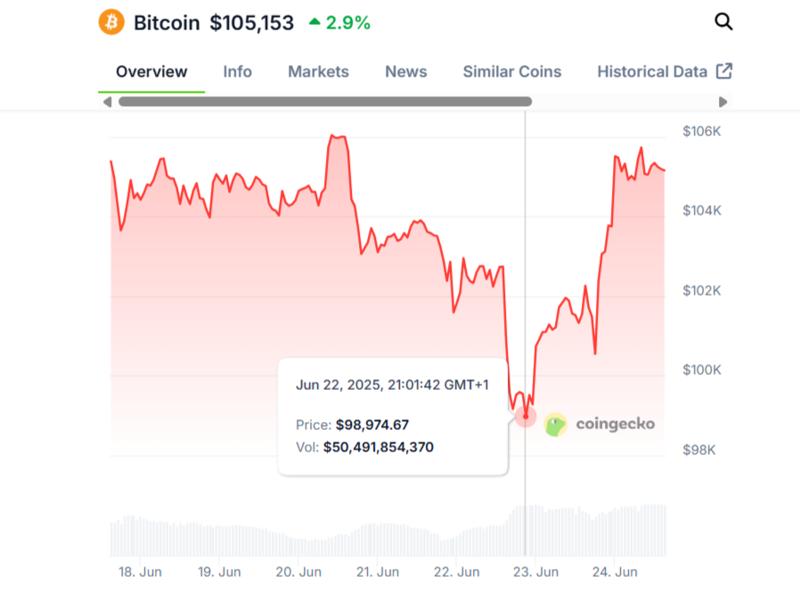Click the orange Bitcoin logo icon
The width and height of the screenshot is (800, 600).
point(111,22)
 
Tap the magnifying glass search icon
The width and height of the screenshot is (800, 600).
point(723,22)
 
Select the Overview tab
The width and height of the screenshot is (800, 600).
point(151,72)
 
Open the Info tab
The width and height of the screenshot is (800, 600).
point(237,72)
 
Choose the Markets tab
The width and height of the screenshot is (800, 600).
point(318,72)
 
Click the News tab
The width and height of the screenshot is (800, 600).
point(405,72)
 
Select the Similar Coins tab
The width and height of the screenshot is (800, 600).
point(511,72)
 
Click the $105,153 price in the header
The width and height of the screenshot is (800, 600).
point(251,23)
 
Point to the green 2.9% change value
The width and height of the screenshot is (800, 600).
point(347,23)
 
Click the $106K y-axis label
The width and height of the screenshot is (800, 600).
point(702,132)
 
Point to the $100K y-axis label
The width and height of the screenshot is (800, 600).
point(702,370)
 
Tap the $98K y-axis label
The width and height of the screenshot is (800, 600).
point(699,450)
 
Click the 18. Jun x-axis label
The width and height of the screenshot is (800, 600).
point(141,572)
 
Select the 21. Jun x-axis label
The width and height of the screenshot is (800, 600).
point(378,572)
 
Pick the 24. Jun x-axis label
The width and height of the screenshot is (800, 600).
point(615,572)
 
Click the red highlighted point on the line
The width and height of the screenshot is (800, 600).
point(526,416)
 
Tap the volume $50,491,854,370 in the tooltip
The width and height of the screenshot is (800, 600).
point(378,447)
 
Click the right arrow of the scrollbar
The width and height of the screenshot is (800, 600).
point(722,102)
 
